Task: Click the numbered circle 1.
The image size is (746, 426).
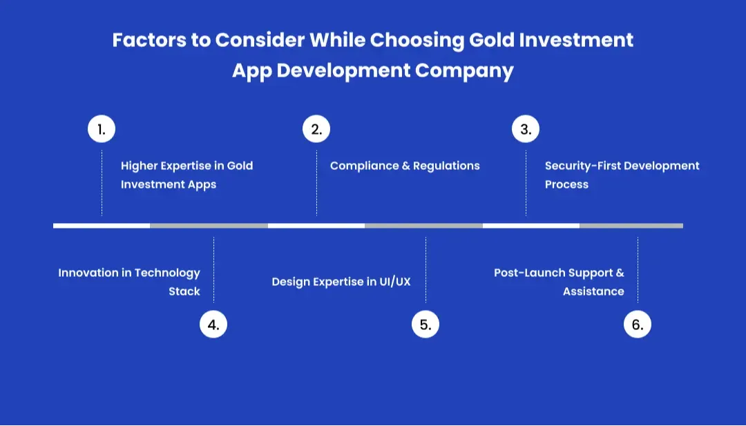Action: (x=102, y=129)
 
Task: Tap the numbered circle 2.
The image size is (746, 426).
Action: (x=316, y=129)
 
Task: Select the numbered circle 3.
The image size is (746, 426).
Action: (x=526, y=129)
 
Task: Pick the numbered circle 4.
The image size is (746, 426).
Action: (x=213, y=325)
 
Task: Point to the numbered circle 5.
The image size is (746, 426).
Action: (x=425, y=325)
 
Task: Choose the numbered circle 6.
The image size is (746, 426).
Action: (x=638, y=325)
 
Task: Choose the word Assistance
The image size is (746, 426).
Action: (x=593, y=291)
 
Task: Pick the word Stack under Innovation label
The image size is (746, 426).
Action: (x=184, y=291)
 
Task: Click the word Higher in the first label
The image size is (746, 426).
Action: (x=139, y=166)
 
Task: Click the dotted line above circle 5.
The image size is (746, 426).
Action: (x=425, y=269)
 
